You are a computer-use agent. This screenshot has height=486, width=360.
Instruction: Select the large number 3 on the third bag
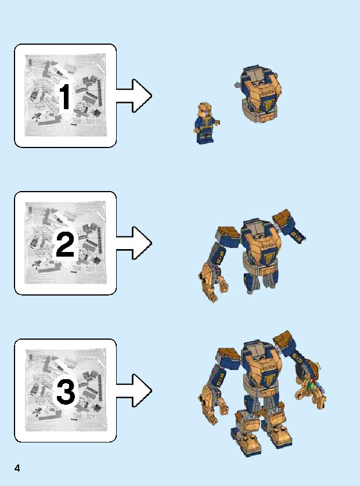pos(65,393)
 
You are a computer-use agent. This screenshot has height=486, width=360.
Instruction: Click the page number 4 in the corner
pos(18,467)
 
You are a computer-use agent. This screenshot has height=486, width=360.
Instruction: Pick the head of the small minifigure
pos(204,110)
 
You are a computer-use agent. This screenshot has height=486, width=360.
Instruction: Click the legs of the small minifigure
pos(204,136)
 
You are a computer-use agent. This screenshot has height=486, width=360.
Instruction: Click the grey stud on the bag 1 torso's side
pos(236,86)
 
